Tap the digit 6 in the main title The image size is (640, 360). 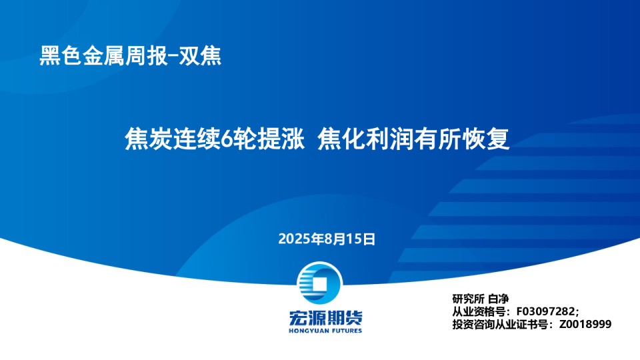point(227,140)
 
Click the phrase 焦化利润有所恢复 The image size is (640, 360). point(414,140)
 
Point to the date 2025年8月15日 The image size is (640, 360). point(327,239)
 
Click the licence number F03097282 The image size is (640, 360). point(546,311)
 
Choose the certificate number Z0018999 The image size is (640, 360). point(585,324)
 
